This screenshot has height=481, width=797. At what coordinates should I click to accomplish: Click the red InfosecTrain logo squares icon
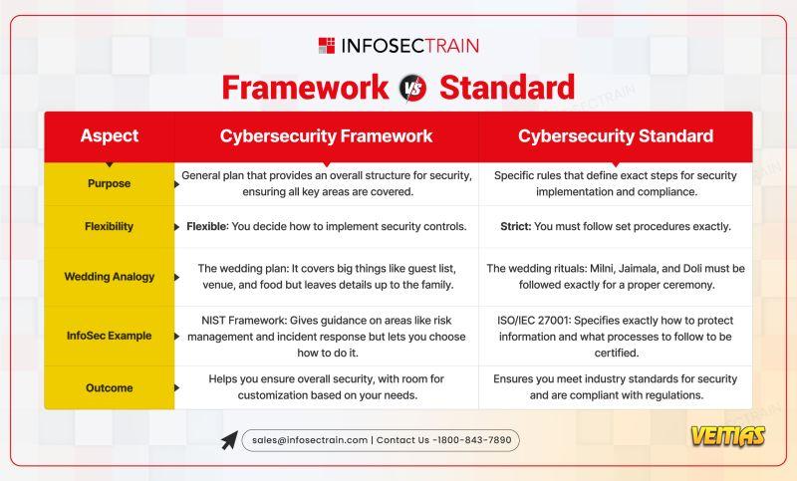(x=327, y=45)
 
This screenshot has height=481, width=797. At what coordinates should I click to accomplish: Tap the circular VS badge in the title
(x=412, y=88)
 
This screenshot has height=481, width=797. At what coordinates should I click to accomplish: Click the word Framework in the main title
(x=305, y=88)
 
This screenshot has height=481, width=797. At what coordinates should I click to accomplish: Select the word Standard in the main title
(x=507, y=88)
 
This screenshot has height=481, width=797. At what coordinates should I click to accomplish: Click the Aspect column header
(x=110, y=135)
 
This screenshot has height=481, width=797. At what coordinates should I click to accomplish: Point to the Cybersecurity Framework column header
(x=326, y=136)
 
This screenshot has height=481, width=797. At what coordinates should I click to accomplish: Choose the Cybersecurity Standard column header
(x=616, y=136)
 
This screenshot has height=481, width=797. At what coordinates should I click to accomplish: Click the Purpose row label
(x=109, y=183)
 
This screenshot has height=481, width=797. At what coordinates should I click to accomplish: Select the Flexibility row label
(x=109, y=226)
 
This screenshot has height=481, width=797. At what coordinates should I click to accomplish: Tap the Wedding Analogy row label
(x=110, y=277)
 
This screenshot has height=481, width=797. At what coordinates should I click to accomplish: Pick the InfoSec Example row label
(x=110, y=336)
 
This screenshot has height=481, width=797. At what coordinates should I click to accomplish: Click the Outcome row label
(x=110, y=388)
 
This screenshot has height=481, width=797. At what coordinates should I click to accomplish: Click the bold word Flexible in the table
(x=207, y=226)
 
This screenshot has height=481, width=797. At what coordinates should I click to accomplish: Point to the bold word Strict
(x=515, y=226)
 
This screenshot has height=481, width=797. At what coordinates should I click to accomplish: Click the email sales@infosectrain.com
(x=310, y=440)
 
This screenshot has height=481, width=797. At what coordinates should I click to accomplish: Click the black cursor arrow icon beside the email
(x=229, y=440)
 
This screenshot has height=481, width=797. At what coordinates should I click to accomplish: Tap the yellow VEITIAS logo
(x=728, y=436)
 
